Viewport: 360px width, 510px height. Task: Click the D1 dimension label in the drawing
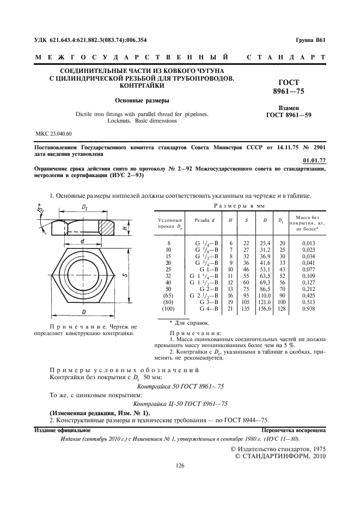[x=85, y=208]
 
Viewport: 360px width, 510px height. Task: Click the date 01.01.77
[x=314, y=160]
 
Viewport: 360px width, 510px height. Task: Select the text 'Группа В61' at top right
[x=310, y=40]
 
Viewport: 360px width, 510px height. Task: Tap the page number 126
[x=180, y=465]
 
